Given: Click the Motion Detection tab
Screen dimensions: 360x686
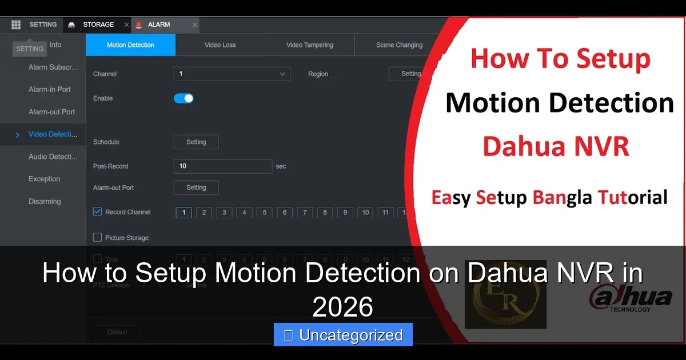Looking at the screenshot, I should (x=130, y=45).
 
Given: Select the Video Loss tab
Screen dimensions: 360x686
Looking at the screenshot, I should (x=220, y=45).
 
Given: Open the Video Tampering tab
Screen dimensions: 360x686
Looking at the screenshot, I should (x=310, y=45).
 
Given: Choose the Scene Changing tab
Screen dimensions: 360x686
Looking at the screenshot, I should (x=399, y=45).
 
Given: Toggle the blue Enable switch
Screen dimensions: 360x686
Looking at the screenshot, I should (x=184, y=98).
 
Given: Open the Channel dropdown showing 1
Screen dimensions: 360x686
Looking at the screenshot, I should (x=232, y=74).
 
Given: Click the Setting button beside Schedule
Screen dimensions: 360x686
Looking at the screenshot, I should (x=196, y=142).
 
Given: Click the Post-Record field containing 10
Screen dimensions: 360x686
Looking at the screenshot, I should (x=222, y=166).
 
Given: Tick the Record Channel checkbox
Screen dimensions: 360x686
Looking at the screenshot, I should (x=98, y=212).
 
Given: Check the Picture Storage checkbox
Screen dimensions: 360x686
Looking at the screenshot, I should (x=98, y=238).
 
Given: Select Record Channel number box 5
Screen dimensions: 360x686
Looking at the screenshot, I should (x=264, y=213).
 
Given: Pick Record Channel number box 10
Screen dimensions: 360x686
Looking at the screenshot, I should (x=365, y=213).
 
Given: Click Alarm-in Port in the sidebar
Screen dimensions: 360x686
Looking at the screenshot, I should (x=50, y=90).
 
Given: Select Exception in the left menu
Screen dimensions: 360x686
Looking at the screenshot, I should (x=45, y=179).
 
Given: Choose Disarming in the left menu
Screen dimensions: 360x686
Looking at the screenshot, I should (x=45, y=201).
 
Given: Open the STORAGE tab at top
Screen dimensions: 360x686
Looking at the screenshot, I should (x=98, y=25).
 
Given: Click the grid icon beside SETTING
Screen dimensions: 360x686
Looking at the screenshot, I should (x=16, y=25).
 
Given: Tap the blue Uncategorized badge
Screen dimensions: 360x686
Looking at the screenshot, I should (x=343, y=335).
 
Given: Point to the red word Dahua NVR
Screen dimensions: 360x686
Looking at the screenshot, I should (x=556, y=146).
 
